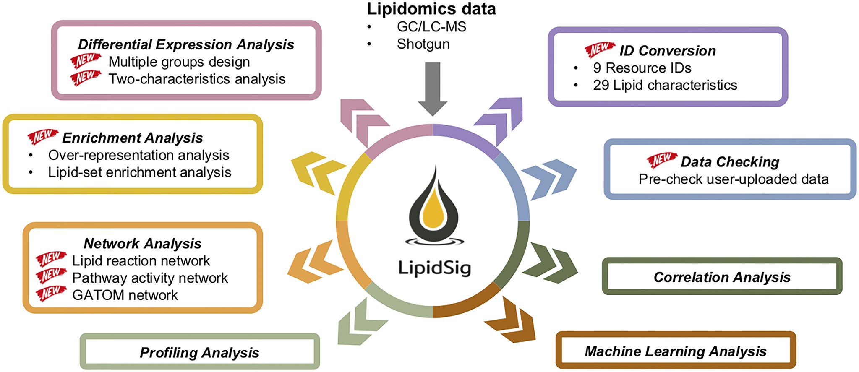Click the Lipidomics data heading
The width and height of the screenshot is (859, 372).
pos(431,9)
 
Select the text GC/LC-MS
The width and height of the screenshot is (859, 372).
pos(431,27)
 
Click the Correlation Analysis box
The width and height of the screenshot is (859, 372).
pos(722,277)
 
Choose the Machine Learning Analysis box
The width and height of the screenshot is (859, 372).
pos(675,351)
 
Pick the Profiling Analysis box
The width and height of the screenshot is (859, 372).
pos(199,352)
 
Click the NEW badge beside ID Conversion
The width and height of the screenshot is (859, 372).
pos(600,49)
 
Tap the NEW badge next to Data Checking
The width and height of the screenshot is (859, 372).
pos(661,160)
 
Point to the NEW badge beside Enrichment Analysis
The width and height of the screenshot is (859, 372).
pos(42,136)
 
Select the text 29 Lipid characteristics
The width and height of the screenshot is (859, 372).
pos(665,85)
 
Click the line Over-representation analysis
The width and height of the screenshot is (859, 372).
pos(138,155)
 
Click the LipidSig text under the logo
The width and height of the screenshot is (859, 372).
pos(434,268)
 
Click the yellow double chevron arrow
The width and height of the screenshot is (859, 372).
pos(317,172)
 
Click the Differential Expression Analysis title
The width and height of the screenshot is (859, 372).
pos(186,44)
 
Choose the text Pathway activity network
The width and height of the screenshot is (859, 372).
pos(150,278)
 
